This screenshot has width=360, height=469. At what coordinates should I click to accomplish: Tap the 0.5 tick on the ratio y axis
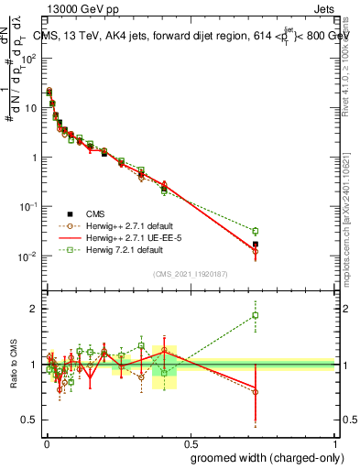pyautogui.click(x=30, y=420)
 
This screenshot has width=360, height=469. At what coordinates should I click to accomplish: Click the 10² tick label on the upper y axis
pyautogui.click(x=29, y=58)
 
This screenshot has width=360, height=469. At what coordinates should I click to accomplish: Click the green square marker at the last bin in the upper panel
pyautogui.click(x=256, y=231)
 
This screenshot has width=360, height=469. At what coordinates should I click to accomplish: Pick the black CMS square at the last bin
pyautogui.click(x=256, y=245)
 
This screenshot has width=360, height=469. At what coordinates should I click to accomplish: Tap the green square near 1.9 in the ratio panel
pyautogui.click(x=256, y=315)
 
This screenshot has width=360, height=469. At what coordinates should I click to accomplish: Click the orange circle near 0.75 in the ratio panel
pyautogui.click(x=256, y=391)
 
